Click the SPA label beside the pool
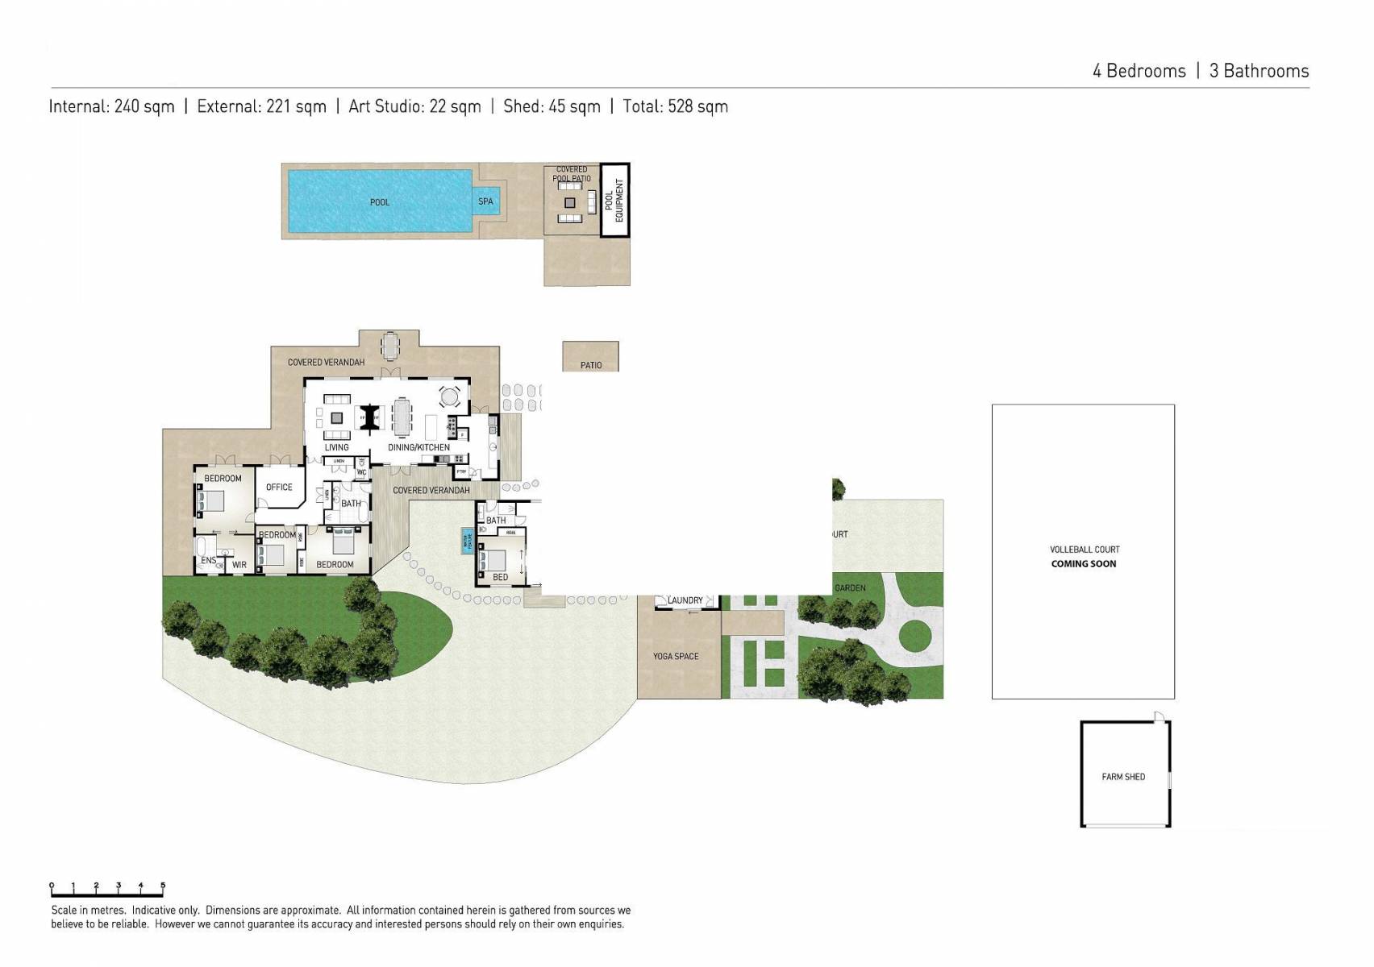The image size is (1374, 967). click(485, 201)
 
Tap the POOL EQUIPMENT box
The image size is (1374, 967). click(614, 201)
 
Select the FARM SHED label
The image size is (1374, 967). click(1123, 777)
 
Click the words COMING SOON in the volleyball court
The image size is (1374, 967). click(1083, 564)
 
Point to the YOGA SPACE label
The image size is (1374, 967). click(676, 657)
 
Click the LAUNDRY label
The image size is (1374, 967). click(685, 600)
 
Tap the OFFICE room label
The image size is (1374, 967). click(279, 488)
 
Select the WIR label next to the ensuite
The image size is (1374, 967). click(239, 565)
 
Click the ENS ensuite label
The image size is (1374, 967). click(208, 560)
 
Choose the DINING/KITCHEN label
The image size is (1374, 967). click(418, 447)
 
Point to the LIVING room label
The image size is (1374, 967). click(336, 447)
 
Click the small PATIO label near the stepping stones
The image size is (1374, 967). click(591, 365)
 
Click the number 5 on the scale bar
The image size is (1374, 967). click(163, 886)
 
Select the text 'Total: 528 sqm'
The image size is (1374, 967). click(675, 106)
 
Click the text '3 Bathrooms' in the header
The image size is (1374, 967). click(1259, 71)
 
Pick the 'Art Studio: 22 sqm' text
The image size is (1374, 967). click(414, 106)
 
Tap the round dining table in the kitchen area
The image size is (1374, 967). click(449, 396)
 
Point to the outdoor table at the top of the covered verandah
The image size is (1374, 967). click(390, 346)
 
